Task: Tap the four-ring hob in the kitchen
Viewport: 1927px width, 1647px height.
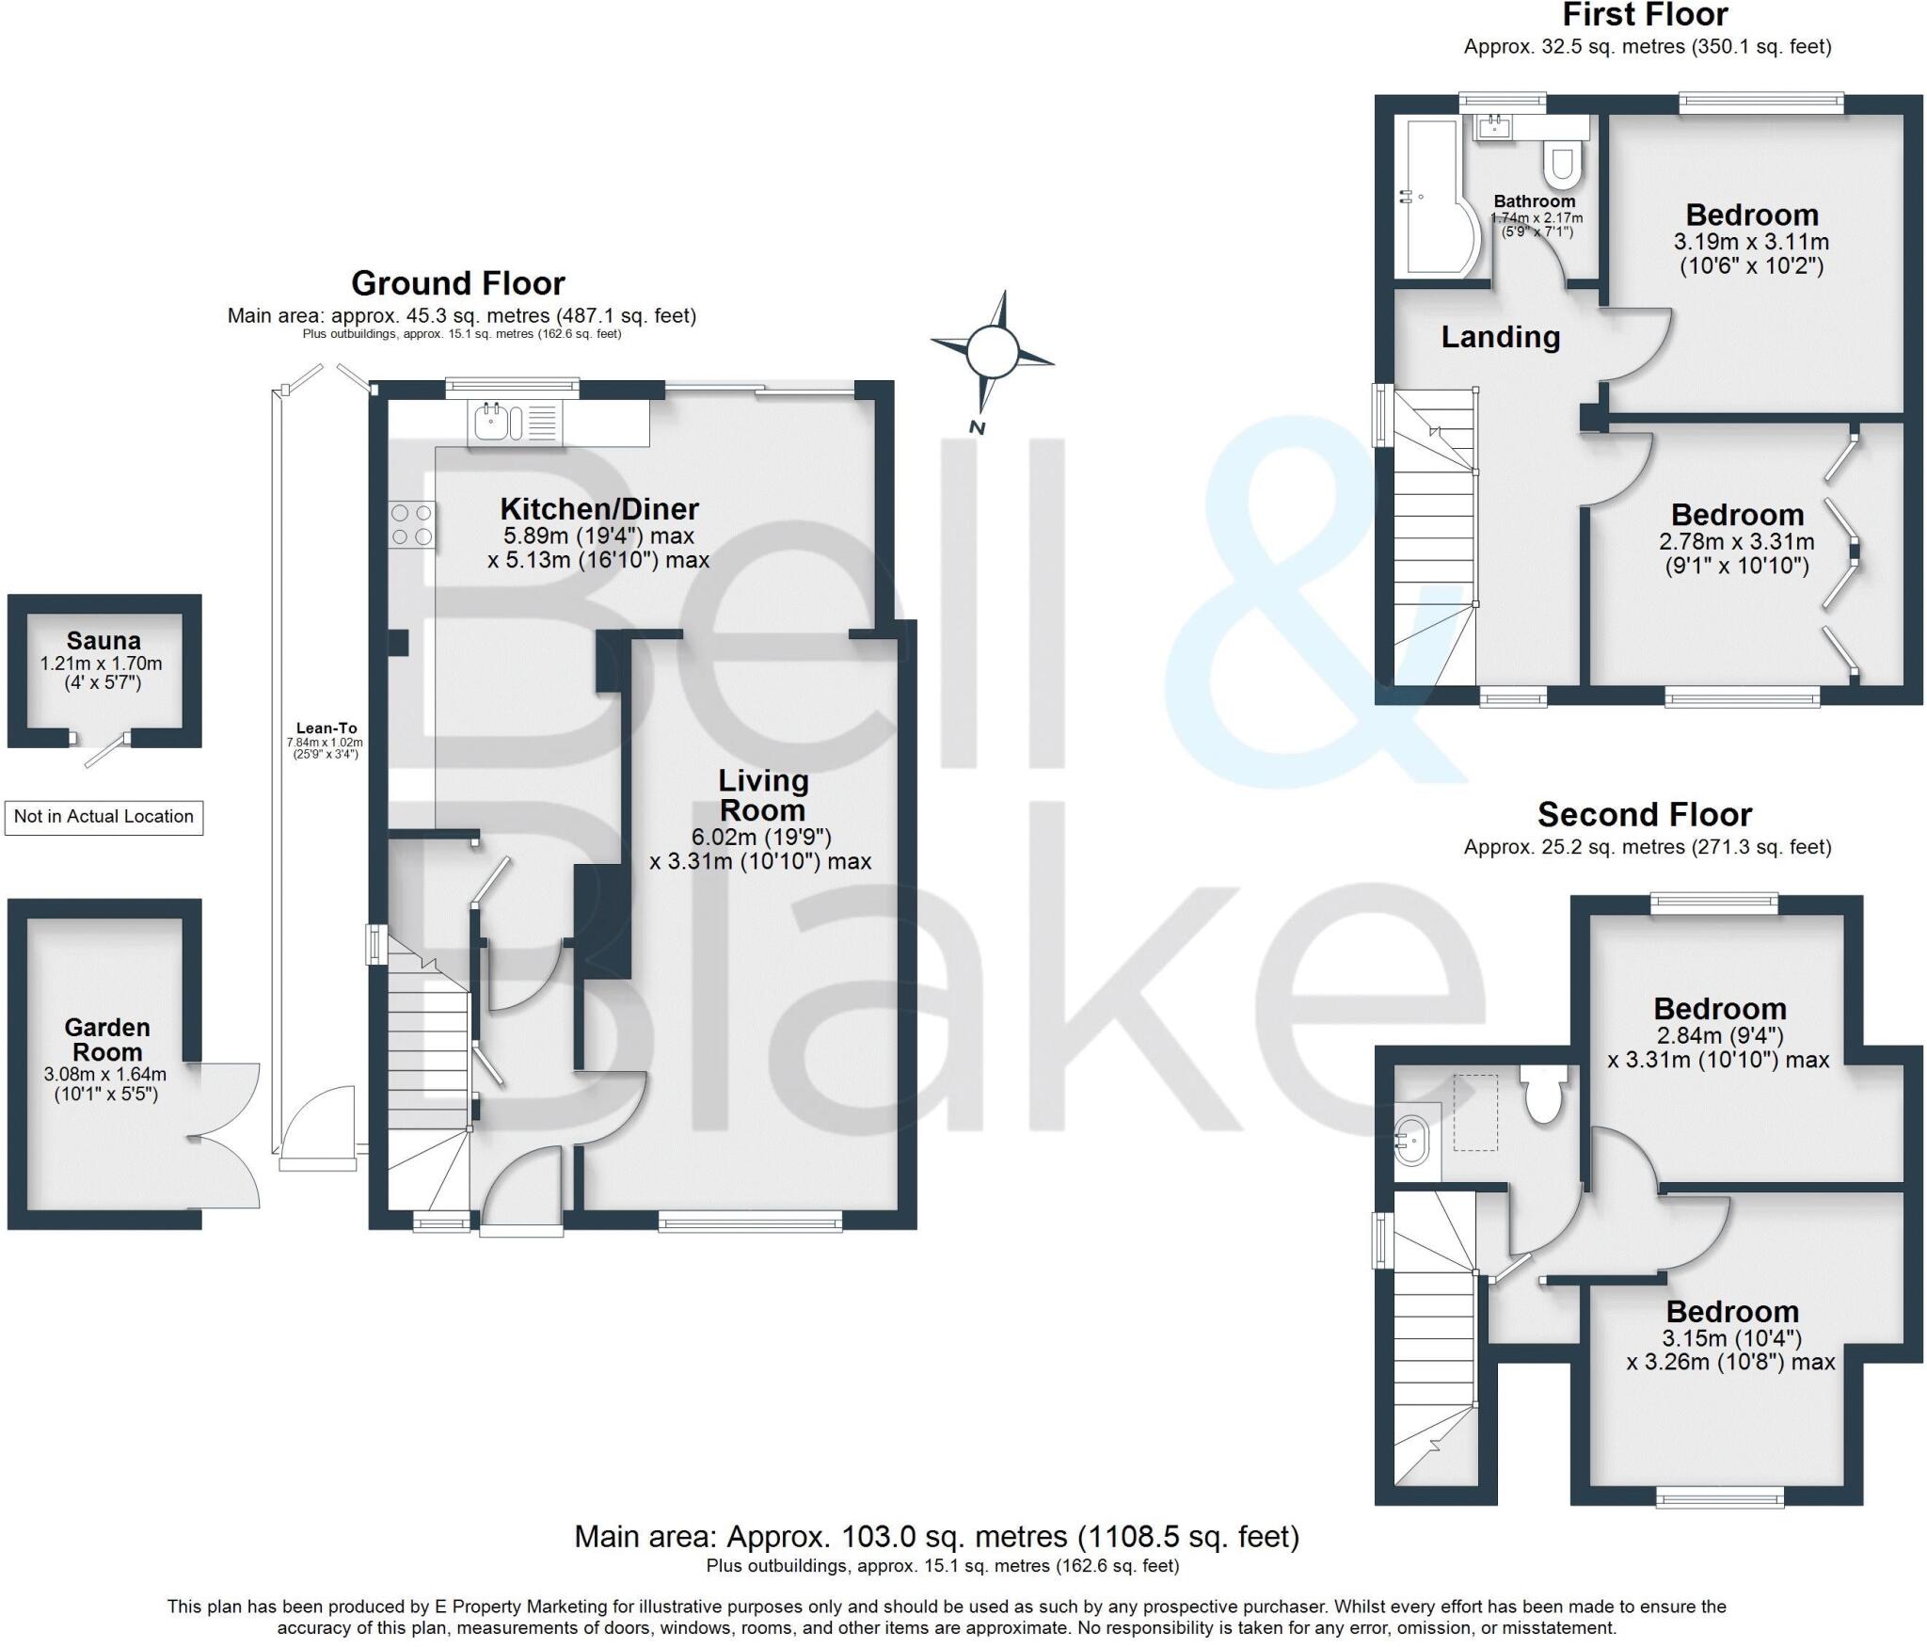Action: pos(412,525)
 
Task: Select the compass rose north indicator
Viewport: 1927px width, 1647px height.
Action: pos(992,353)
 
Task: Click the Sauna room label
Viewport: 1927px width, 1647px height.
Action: pos(104,641)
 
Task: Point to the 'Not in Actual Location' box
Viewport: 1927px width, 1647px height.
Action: pos(104,817)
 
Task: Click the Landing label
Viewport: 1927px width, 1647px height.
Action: pos(1500,337)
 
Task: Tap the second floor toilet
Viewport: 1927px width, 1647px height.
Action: pos(1543,1094)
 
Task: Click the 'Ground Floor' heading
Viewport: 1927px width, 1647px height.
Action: pos(458,282)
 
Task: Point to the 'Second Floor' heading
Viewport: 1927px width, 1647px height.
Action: pos(1644,814)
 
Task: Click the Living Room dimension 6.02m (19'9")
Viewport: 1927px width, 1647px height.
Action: pos(761,837)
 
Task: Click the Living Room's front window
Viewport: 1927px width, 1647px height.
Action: pos(750,1223)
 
